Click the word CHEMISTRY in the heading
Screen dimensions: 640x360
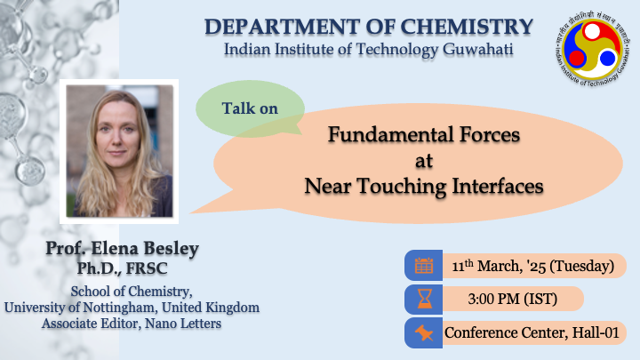coord(467,27)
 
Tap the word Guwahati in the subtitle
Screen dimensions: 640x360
coord(477,50)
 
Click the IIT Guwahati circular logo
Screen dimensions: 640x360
coord(593,50)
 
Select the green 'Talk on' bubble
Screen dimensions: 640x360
coord(250,108)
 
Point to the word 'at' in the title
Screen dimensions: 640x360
coord(424,161)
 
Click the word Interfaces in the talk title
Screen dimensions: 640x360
coord(498,186)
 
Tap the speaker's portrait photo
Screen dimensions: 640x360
coord(119,151)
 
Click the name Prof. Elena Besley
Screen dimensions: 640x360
coord(122,248)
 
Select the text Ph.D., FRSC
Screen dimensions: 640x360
coord(122,268)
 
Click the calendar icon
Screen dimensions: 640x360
coord(424,266)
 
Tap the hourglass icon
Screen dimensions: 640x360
coord(424,300)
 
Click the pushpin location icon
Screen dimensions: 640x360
coord(424,333)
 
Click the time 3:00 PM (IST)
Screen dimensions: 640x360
coord(513,300)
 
